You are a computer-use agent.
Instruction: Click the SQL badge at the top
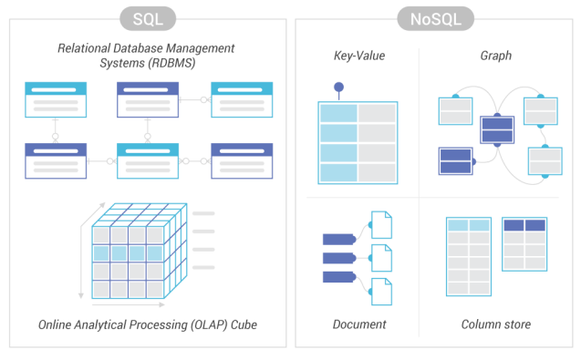148,18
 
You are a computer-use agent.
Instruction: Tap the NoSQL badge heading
435,18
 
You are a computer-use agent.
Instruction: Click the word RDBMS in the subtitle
171,63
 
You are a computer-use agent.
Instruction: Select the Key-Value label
359,56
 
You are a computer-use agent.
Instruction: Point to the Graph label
496,56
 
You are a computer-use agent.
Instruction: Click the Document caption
359,324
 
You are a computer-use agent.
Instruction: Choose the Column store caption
496,324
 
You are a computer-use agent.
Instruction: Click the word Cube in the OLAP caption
244,324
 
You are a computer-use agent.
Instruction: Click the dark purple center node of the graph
497,129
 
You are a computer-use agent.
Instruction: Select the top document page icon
381,225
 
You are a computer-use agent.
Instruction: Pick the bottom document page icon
381,292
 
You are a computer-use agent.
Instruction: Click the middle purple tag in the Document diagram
339,258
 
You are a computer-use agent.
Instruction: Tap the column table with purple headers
524,244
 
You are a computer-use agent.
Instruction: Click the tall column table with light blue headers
469,257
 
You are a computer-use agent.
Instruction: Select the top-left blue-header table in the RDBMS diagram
56,99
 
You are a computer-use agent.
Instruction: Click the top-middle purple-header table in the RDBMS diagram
148,99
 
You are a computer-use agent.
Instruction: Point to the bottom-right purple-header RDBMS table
242,160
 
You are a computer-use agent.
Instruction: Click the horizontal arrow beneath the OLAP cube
129,304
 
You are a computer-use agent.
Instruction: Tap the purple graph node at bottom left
456,161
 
